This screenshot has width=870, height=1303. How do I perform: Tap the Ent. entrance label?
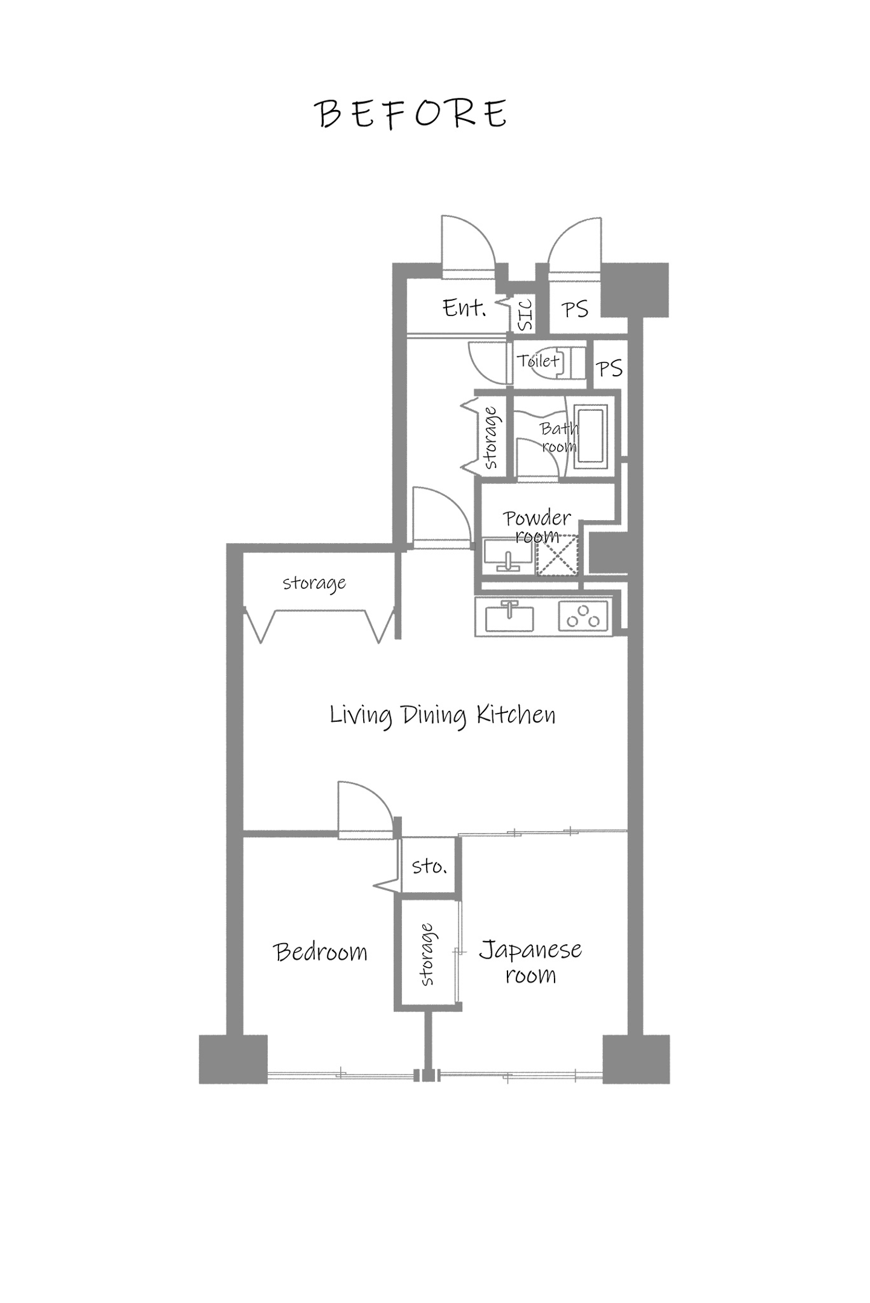464,308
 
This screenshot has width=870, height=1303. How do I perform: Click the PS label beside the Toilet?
608,368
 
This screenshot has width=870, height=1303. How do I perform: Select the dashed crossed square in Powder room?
556,555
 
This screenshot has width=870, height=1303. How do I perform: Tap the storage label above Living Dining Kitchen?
314,583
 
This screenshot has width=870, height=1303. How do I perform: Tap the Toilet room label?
538,361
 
